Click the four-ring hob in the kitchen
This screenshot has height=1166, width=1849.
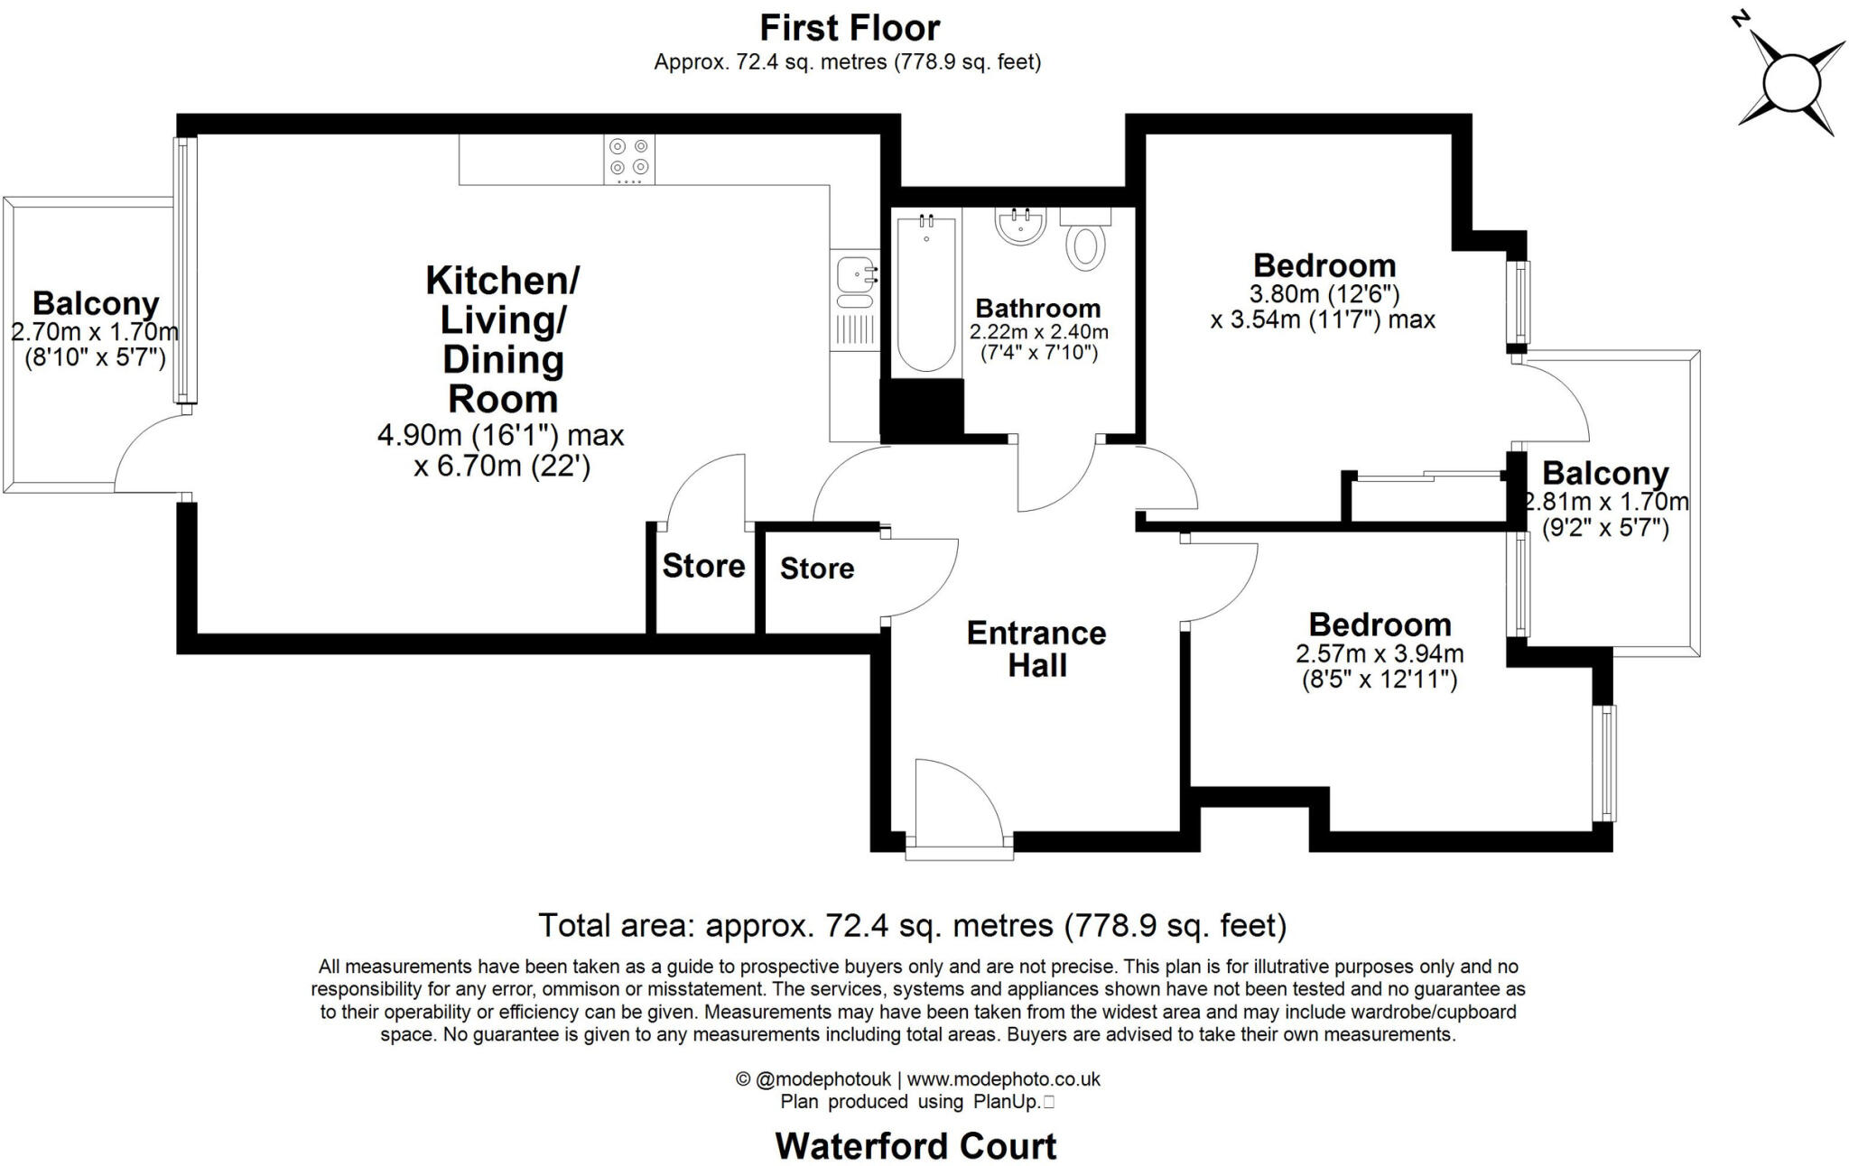click(629, 158)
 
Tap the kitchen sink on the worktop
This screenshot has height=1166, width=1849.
click(854, 274)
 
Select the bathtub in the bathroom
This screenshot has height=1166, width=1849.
click(927, 292)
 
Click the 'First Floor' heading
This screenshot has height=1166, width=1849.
click(850, 28)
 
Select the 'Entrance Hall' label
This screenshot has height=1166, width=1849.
click(1036, 649)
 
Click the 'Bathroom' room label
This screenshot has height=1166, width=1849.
click(1037, 309)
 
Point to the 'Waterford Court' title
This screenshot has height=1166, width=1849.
click(915, 1146)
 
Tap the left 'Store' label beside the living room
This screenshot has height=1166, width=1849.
click(703, 566)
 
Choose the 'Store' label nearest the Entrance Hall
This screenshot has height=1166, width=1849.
click(816, 569)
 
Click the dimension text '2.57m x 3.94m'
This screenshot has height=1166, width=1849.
click(1380, 653)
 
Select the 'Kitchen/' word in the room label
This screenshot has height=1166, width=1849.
click(502, 280)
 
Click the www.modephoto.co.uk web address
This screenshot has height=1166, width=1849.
click(1003, 1078)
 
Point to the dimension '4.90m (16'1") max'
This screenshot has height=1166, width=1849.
click(500, 435)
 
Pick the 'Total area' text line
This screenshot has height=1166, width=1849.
click(912, 925)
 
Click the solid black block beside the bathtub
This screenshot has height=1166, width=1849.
click(922, 410)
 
